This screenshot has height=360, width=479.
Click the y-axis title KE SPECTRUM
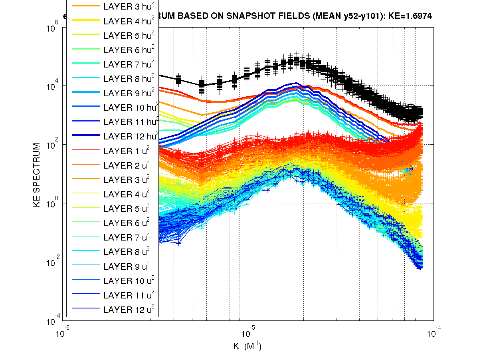click(x=37, y=175)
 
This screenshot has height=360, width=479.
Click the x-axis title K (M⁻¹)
click(x=247, y=346)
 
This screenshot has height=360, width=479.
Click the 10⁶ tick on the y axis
click(x=53, y=28)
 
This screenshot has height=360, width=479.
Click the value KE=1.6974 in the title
click(x=410, y=16)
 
